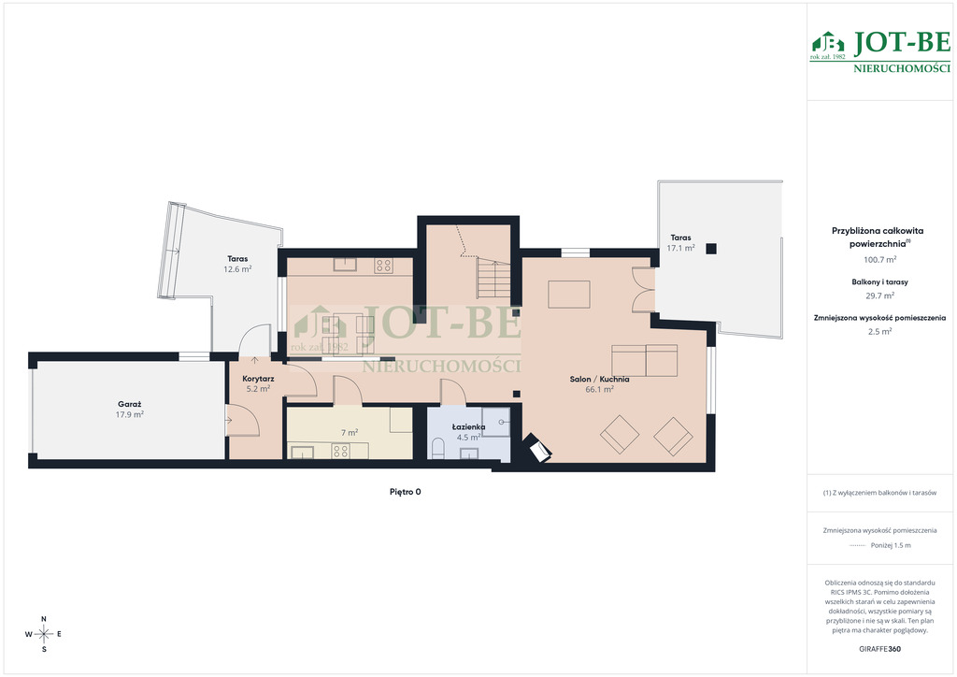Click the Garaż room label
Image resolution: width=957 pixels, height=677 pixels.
[129, 404]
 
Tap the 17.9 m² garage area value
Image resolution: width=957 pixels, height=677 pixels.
[129, 414]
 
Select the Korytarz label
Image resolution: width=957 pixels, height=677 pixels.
[258, 379]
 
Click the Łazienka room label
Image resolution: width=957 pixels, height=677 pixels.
[469, 426]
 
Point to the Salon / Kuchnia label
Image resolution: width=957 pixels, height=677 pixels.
[599, 379]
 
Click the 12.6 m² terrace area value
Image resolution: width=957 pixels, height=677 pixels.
[237, 268]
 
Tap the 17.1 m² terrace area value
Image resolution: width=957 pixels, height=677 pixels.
[680, 248]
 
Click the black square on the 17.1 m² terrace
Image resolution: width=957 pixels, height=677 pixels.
[711, 249]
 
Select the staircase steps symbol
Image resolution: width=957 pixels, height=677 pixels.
[493, 279]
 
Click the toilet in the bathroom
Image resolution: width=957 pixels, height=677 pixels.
[437, 449]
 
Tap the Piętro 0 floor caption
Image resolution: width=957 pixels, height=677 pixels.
[406, 492]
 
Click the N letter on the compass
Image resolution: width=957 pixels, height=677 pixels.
[44, 619]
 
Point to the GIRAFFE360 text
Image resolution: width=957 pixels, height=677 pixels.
[879, 649]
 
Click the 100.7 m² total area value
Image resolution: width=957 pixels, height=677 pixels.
[879, 259]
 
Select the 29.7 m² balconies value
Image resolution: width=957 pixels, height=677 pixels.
[879, 295]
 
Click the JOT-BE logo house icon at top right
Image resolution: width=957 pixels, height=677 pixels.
[827, 43]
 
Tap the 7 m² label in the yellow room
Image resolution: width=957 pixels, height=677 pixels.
[350, 433]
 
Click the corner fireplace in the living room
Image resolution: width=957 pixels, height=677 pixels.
[537, 449]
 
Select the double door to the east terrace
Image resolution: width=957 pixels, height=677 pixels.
[643, 289]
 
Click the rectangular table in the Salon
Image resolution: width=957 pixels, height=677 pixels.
[569, 295]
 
